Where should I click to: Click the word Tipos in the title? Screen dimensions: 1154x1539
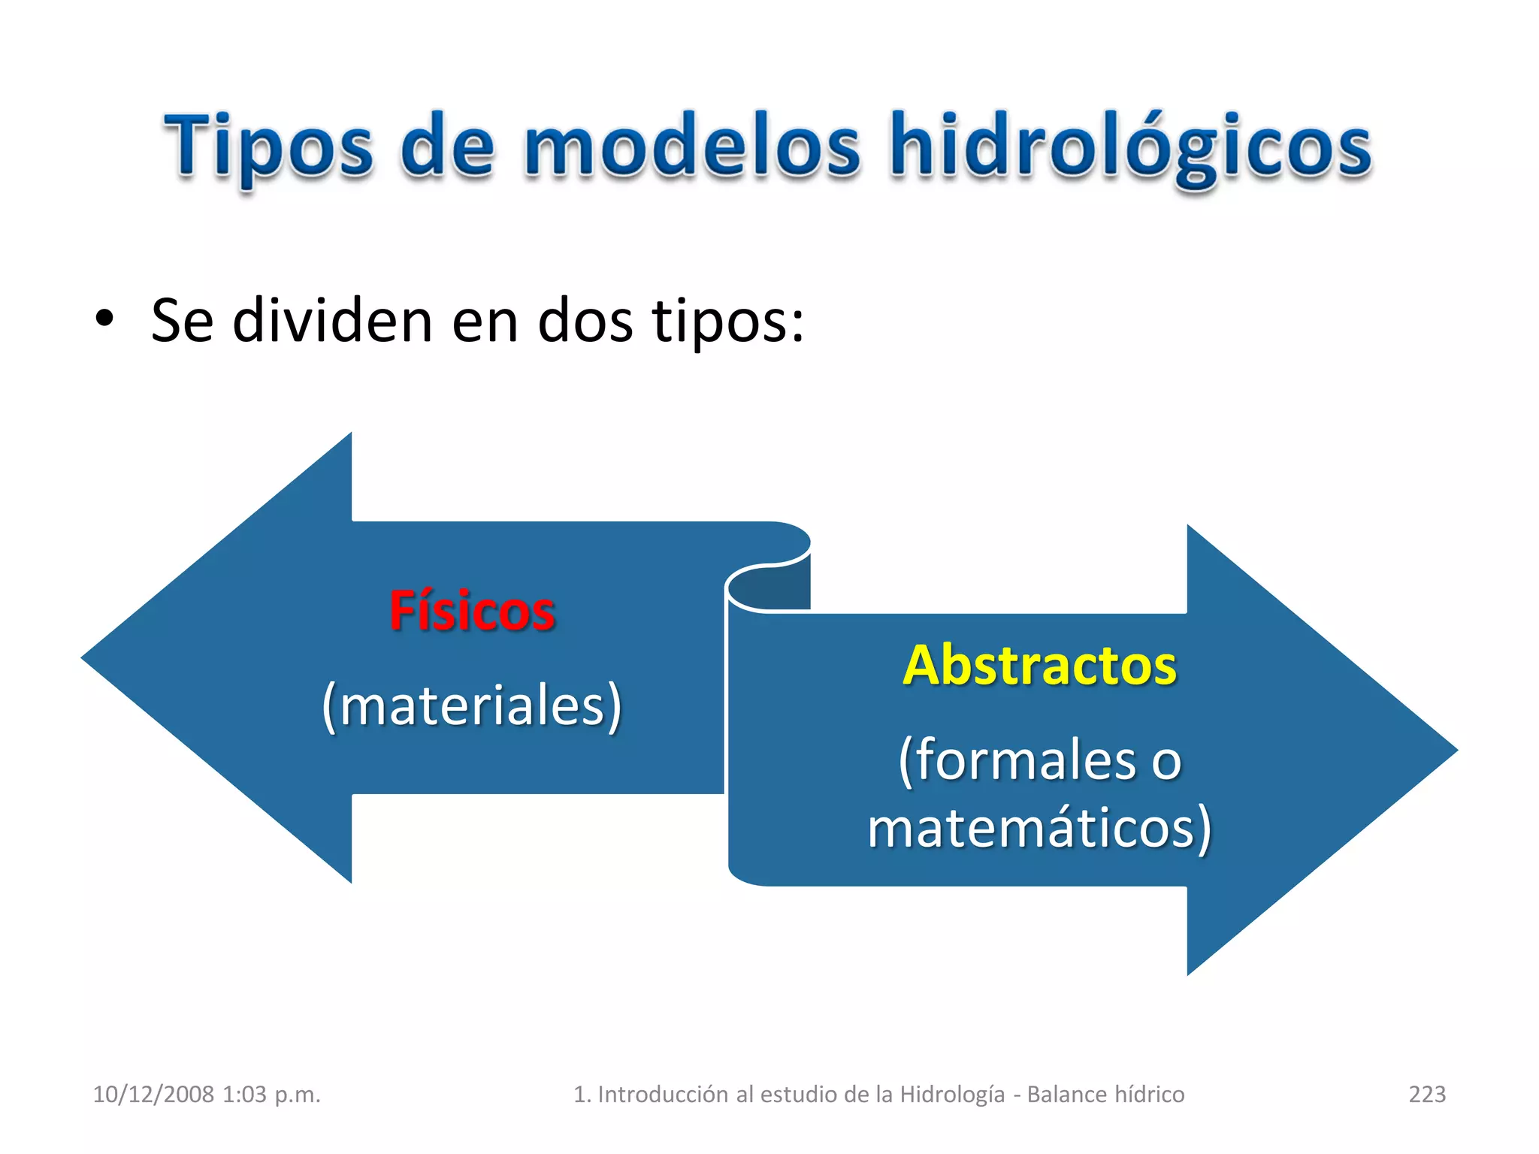(x=268, y=147)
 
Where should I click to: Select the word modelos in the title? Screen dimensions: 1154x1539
(x=692, y=147)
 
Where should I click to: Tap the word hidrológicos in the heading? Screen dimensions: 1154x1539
(x=1131, y=147)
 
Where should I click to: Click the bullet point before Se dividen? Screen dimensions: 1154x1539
(x=104, y=319)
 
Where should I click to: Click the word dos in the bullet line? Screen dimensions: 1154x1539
(x=585, y=321)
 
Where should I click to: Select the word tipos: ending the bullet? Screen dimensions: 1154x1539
(x=727, y=321)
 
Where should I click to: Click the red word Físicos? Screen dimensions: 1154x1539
(x=472, y=611)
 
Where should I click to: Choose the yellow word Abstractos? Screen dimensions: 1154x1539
(x=1039, y=666)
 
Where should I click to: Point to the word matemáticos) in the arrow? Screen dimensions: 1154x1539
(x=1039, y=827)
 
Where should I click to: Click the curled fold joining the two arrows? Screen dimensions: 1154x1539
(x=768, y=586)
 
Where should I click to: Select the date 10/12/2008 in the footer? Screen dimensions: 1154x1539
(x=153, y=1094)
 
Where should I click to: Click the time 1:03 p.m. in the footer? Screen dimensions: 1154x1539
(x=271, y=1094)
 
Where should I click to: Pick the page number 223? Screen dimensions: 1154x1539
(x=1426, y=1094)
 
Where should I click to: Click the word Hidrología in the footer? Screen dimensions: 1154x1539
(x=952, y=1094)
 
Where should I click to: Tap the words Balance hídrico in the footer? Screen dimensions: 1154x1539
(x=1105, y=1094)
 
